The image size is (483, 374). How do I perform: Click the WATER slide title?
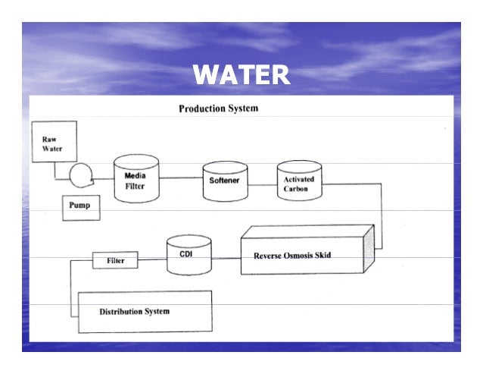click(241, 75)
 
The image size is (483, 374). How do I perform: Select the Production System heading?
click(218, 108)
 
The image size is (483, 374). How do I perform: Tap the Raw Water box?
click(53, 144)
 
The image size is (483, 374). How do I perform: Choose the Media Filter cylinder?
click(136, 179)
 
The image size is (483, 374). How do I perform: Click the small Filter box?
click(115, 261)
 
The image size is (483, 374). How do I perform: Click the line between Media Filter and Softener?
click(180, 178)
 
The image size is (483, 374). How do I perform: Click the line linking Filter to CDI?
click(152, 260)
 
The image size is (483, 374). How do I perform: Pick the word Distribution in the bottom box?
click(120, 312)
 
